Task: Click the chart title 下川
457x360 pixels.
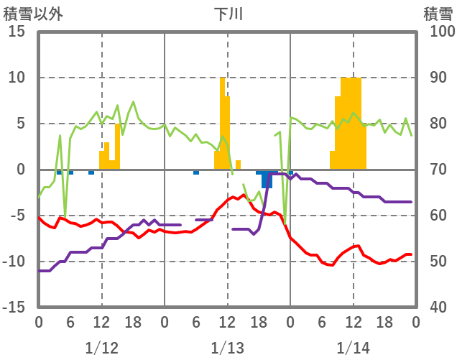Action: pyautogui.click(x=228, y=14)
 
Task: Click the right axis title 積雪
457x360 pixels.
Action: pyautogui.click(x=438, y=14)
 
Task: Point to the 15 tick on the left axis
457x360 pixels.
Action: pyautogui.click(x=17, y=32)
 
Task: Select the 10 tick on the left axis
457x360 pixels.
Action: pyautogui.click(x=17, y=78)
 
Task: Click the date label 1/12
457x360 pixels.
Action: pyautogui.click(x=101, y=348)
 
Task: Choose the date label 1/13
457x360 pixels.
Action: pyautogui.click(x=228, y=348)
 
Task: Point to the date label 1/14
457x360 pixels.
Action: pyautogui.click(x=354, y=348)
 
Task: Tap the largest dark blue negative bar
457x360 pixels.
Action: pyautogui.click(x=267, y=179)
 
